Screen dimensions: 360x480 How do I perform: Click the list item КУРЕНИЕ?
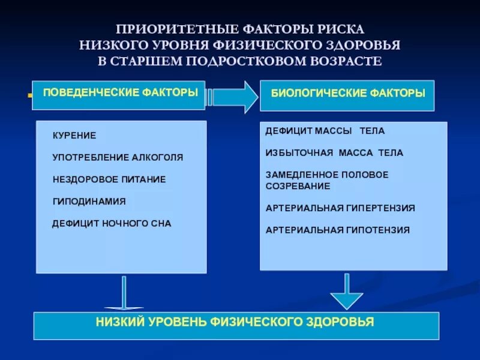tap(74, 136)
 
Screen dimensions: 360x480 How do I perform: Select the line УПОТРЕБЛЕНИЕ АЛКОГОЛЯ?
tap(118, 158)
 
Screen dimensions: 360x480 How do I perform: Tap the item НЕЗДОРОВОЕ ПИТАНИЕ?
tap(109, 179)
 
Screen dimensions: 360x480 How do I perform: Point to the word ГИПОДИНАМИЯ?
tap(89, 202)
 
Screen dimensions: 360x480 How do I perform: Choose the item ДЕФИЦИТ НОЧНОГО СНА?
tap(112, 223)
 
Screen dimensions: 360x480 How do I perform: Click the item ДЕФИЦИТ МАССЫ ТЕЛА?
tap(325, 131)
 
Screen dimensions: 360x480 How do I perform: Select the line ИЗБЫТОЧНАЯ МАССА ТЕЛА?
tap(334, 153)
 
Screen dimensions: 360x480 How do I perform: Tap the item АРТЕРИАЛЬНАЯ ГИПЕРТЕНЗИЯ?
tap(340, 208)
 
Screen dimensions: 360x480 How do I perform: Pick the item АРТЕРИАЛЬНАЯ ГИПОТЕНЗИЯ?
tap(338, 230)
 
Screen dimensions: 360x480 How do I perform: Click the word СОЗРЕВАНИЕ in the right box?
tap(298, 186)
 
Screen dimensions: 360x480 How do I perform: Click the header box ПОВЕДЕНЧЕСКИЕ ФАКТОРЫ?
tap(119, 95)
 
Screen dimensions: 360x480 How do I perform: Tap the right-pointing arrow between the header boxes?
tap(234, 96)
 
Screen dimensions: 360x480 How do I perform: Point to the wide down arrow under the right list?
tap(347, 292)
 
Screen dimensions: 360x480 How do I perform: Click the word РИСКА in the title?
tap(338, 29)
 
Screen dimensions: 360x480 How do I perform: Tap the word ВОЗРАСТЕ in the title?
tap(344, 61)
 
